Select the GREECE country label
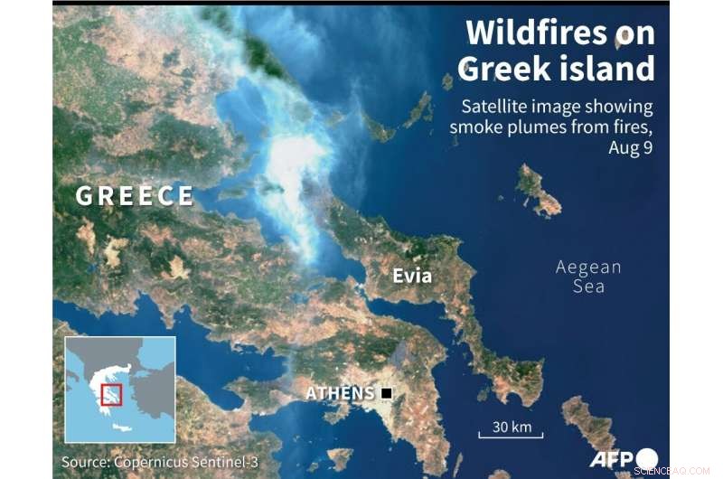click(135, 196)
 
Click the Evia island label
click(412, 276)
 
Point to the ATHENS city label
click(340, 393)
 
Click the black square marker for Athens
click(387, 393)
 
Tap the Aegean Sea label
click(588, 277)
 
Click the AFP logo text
click(612, 459)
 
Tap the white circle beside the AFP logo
click(647, 459)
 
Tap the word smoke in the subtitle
click(474, 127)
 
